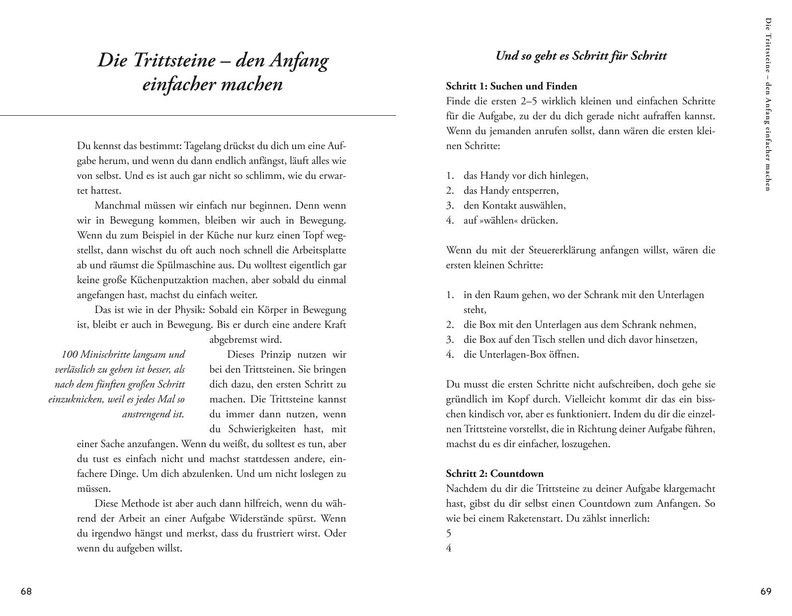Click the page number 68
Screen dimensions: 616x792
click(x=26, y=592)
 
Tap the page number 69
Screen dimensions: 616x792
click(x=766, y=592)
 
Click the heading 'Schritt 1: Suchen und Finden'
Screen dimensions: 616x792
click(x=511, y=86)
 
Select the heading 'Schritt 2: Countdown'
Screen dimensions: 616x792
click(x=494, y=474)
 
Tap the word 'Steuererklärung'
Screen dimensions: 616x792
click(x=563, y=250)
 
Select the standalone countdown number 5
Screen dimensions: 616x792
click(x=449, y=534)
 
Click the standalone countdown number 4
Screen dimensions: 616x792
click(x=449, y=548)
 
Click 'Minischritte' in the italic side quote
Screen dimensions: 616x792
click(x=105, y=355)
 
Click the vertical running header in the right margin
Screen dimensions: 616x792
click(x=768, y=104)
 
